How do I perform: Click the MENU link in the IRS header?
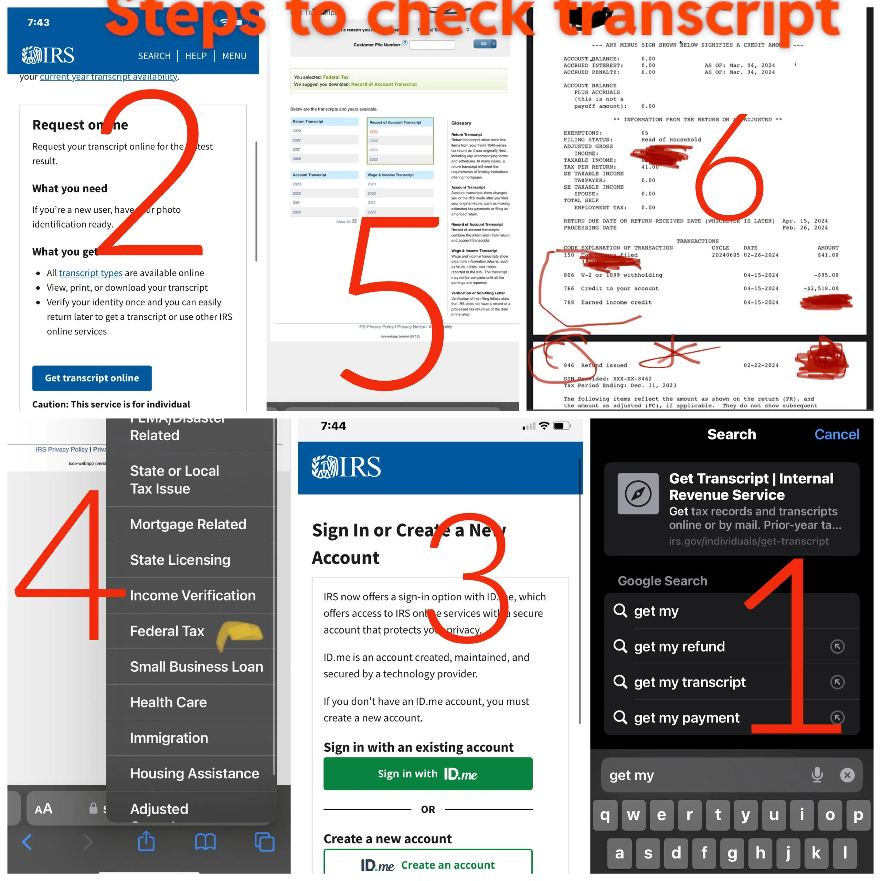(234, 56)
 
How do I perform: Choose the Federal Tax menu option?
(167, 631)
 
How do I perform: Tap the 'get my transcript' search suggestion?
(689, 682)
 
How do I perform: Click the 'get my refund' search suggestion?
(679, 646)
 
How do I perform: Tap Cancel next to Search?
(836, 434)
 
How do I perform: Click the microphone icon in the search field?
(817, 775)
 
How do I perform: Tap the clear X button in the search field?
(847, 775)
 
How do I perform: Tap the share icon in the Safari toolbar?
(146, 841)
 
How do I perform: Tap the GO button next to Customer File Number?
(485, 44)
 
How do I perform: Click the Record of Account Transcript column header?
(395, 122)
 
